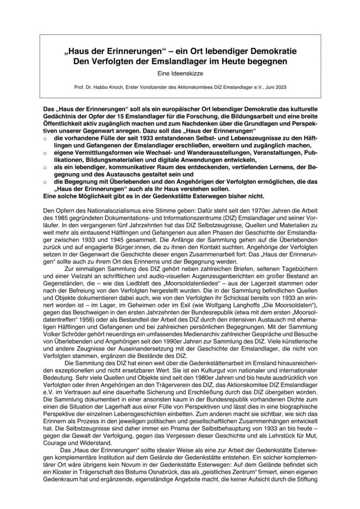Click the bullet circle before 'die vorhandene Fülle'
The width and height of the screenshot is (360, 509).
click(45, 142)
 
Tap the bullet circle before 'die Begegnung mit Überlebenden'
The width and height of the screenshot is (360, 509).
click(45, 182)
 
